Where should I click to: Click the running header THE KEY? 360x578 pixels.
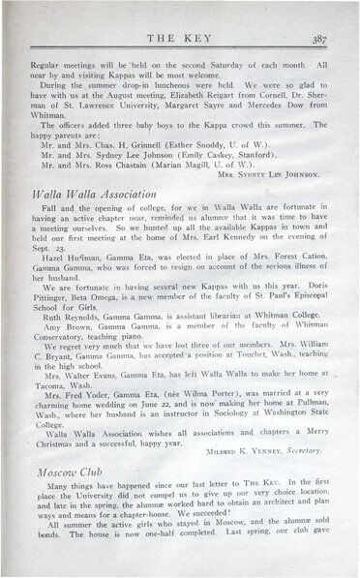[181, 40]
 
